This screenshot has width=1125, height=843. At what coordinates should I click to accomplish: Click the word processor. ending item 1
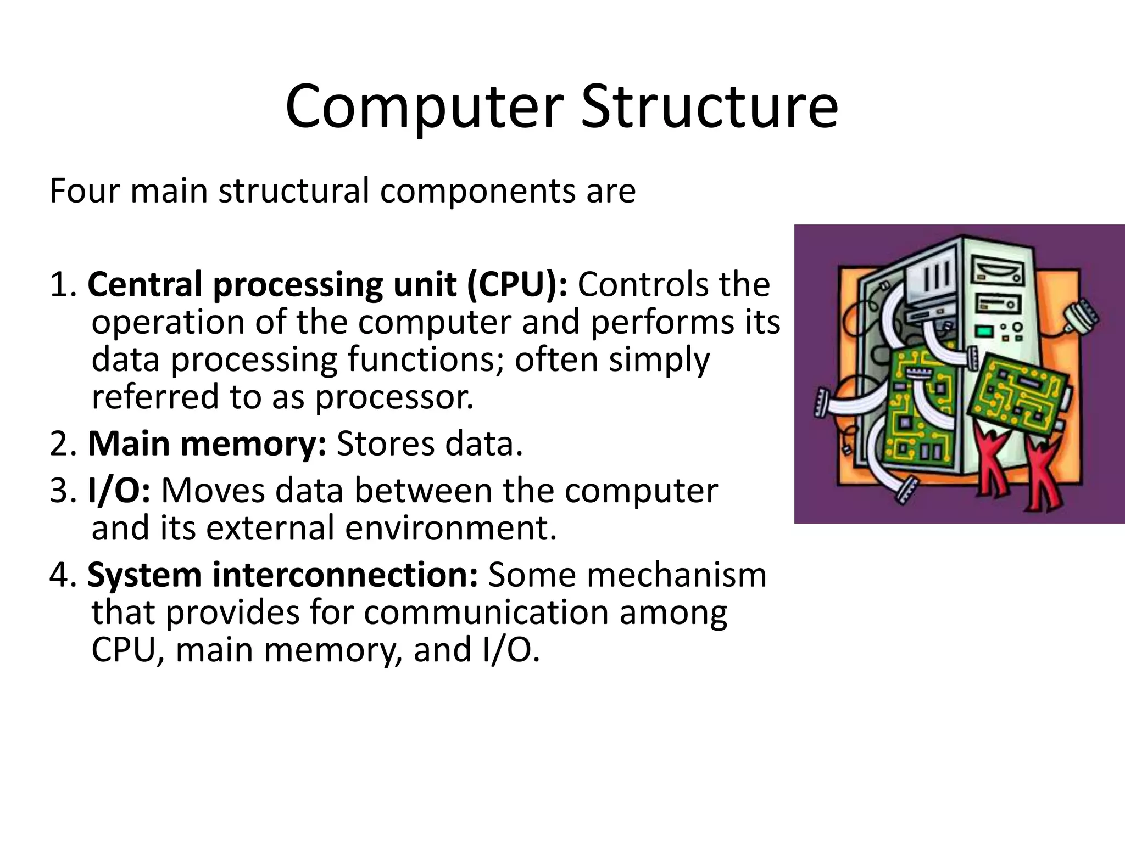[393, 397]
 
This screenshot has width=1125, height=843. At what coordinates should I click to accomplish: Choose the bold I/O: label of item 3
[119, 490]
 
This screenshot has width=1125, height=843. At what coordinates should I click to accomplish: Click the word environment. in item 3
[450, 529]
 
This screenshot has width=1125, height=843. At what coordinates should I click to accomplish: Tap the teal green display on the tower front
[984, 331]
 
